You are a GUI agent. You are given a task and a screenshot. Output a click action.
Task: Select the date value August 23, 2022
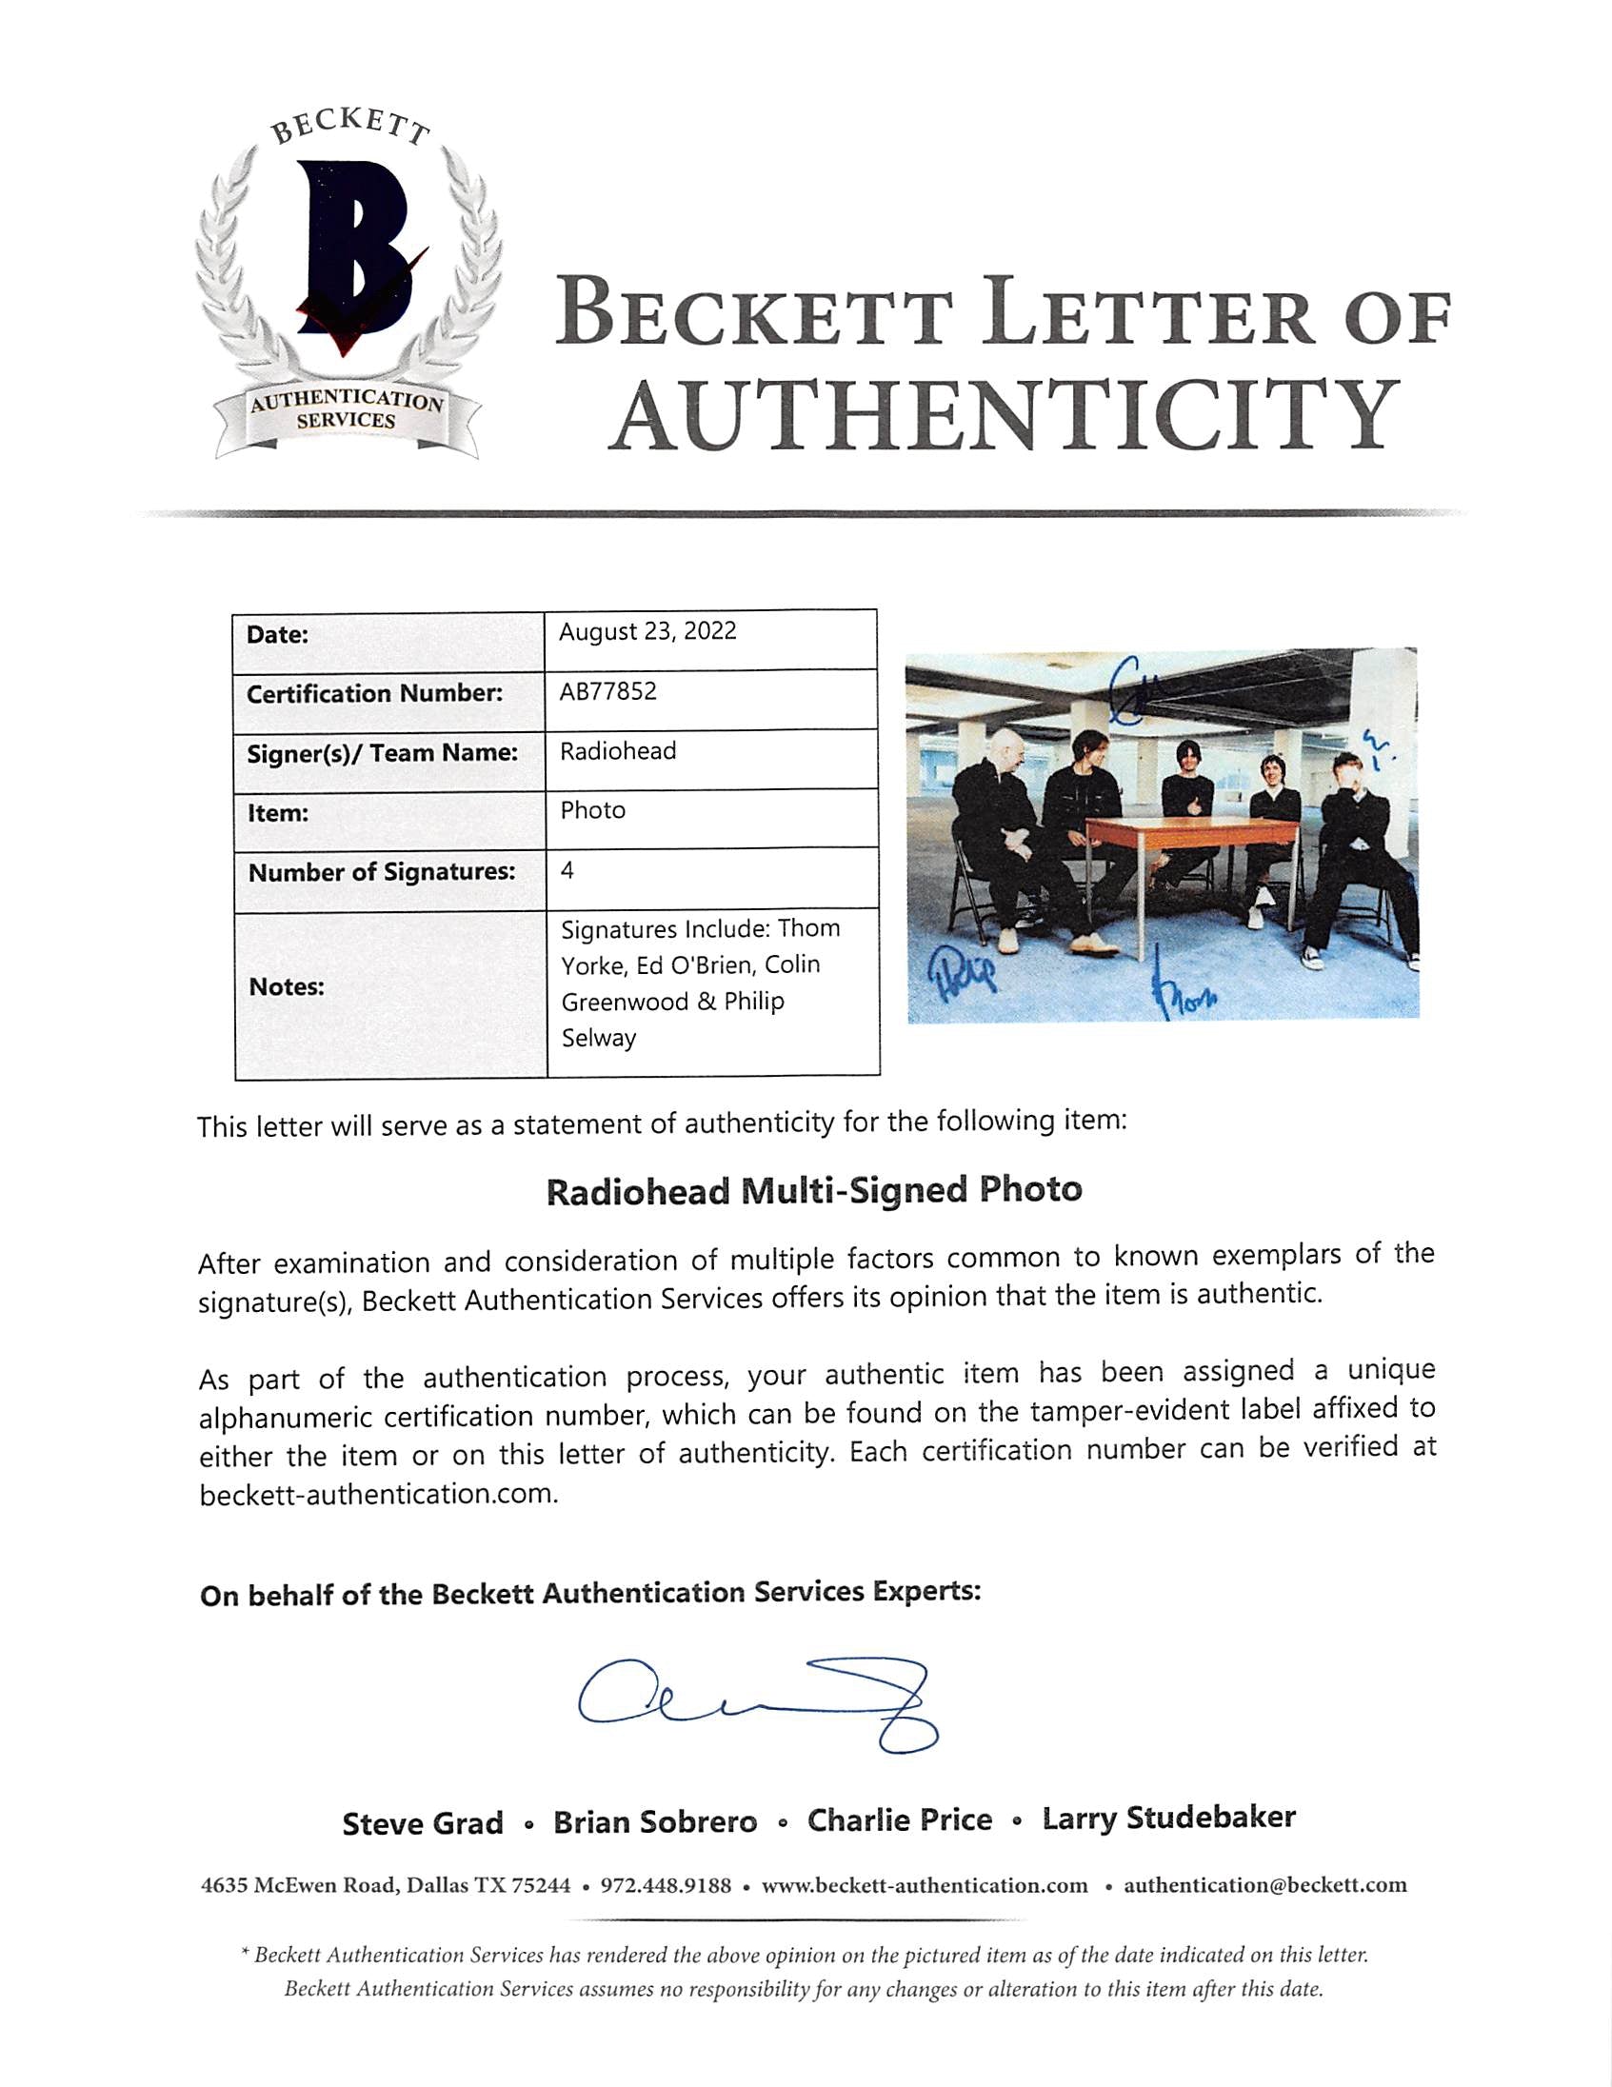(647, 632)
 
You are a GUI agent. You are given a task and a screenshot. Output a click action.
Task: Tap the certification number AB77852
(607, 692)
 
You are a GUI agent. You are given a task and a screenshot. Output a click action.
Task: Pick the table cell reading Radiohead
(617, 752)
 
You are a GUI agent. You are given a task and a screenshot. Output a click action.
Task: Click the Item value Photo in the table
(592, 811)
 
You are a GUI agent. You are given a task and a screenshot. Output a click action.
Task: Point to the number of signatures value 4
(567, 871)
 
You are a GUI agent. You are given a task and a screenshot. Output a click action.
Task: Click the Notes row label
(286, 987)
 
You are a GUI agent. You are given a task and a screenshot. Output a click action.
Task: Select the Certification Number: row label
(373, 694)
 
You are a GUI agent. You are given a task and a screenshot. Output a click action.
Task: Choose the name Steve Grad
(423, 1823)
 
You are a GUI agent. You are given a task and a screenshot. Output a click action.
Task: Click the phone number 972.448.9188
(665, 1886)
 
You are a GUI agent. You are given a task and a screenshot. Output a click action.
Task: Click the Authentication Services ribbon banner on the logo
(346, 412)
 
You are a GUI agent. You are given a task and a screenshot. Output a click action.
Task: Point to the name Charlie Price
(899, 1820)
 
